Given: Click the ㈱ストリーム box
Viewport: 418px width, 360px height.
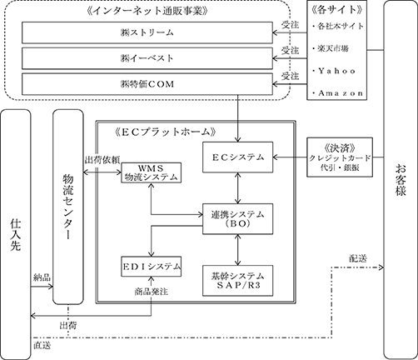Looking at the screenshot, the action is coord(147,32).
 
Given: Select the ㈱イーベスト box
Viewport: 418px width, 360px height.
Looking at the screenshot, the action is coord(147,58).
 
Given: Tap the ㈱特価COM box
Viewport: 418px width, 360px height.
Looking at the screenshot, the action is coord(147,84).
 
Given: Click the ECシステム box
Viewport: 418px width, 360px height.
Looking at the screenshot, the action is coord(237,157).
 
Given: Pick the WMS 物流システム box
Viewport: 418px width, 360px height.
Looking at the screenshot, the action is coord(152,172).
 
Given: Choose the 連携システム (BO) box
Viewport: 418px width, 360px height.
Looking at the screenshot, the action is coord(237,219).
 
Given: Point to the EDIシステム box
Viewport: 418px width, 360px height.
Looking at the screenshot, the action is coord(152,267).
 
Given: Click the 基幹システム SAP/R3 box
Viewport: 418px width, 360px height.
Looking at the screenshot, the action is coord(237,281).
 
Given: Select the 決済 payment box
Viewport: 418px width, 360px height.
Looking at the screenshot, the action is coord(340,157).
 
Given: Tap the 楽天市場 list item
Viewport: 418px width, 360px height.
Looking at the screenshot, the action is coord(333,49).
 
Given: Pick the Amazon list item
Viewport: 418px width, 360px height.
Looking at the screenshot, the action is coord(337,93).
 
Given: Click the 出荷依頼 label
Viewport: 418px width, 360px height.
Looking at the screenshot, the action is coord(102,161).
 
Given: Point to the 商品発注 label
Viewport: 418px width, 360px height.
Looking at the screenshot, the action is coord(152,292).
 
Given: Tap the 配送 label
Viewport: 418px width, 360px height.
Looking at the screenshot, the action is coord(358,258).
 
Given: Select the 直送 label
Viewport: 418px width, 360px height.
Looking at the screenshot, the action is coord(42,346).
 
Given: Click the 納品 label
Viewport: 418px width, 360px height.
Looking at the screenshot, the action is coord(42,277).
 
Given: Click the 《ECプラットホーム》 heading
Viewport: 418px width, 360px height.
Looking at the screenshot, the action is coord(165,132).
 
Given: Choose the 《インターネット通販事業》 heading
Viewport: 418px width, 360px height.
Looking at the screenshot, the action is coord(147,11).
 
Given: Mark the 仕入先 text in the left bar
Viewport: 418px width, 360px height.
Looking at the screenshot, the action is coord(16,234).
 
